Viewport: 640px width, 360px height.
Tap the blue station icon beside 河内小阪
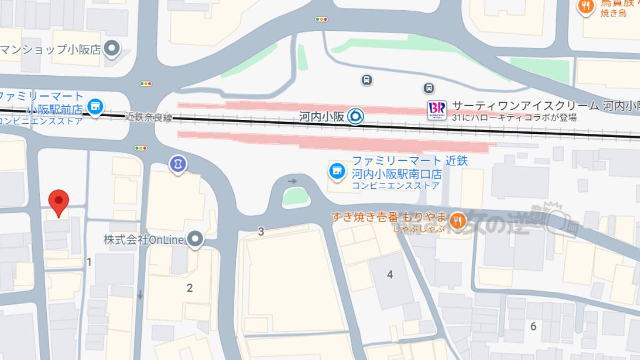pos(356,115)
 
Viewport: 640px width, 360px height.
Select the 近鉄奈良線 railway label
pos(149,117)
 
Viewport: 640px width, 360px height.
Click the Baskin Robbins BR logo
pos(437,110)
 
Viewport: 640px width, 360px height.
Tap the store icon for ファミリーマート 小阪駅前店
pos(96,106)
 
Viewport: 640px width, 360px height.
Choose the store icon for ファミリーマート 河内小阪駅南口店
pos(336,171)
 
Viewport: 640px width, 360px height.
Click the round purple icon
pos(178,164)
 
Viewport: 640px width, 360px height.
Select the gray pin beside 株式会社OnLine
pos(196,239)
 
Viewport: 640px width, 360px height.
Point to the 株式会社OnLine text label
pos(143,239)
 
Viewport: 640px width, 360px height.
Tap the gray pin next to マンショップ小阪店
pos(112,50)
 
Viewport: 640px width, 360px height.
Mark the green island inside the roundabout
pos(296,197)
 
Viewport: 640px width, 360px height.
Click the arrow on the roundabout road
pos(292,181)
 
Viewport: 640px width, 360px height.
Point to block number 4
pos(390,275)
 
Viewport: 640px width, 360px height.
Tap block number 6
pos(533,326)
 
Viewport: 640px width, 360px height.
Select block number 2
pos(189,288)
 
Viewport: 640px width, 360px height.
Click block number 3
pos(261,231)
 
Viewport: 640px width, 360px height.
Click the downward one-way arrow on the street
pos(140,294)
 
